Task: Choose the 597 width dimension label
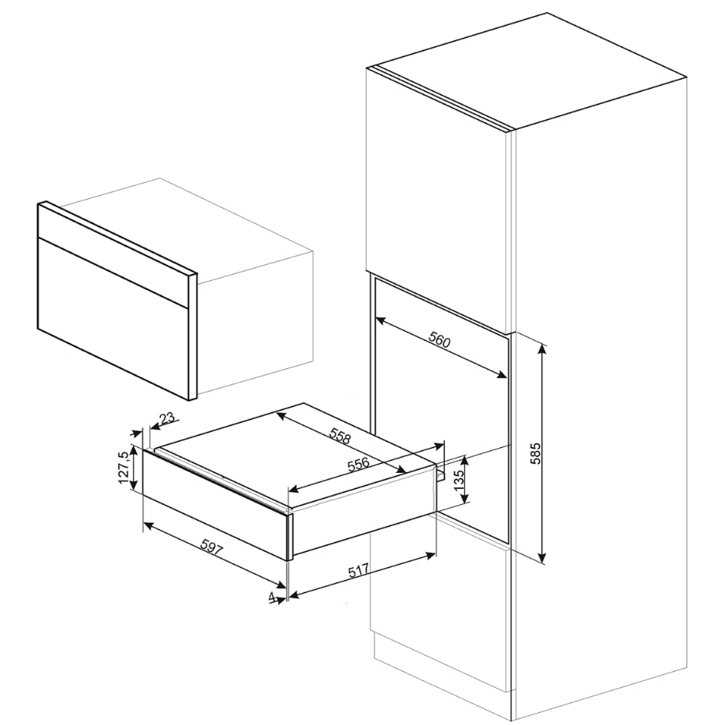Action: click(210, 550)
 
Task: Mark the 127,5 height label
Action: click(122, 468)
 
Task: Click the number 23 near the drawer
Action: click(167, 419)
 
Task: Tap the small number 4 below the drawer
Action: click(273, 597)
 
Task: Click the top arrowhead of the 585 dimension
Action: click(543, 350)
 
